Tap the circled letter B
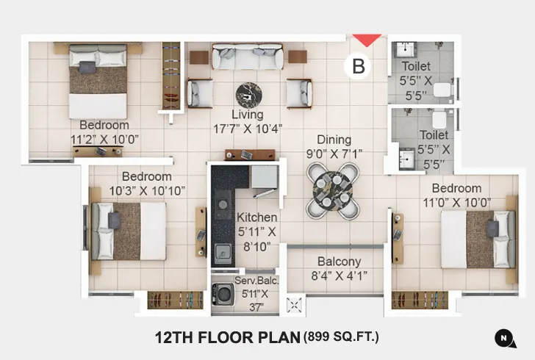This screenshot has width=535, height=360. [x=359, y=66]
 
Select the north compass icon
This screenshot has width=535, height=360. [x=503, y=337]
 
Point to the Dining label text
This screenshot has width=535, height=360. [x=334, y=140]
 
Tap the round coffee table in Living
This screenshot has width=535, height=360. [x=248, y=94]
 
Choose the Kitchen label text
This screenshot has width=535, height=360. [x=256, y=217]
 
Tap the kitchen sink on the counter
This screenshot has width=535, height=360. [x=221, y=253]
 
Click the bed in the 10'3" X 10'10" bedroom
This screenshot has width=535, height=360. [x=129, y=230]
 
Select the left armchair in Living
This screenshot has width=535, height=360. [x=198, y=93]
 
